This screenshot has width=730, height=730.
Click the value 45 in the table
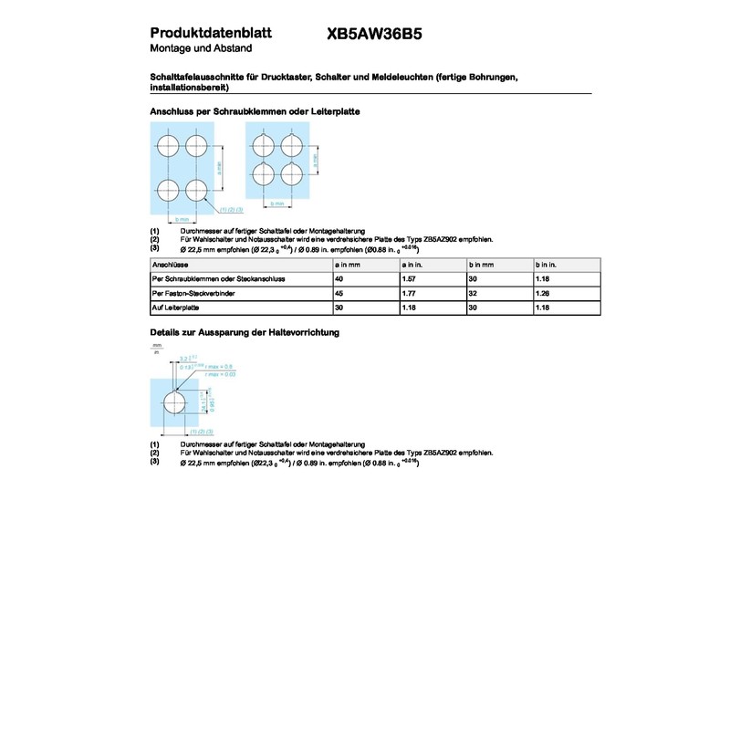click(x=339, y=293)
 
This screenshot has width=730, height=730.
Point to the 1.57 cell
click(x=409, y=277)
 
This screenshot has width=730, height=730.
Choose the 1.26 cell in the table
click(x=542, y=293)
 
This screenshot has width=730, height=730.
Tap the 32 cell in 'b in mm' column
click(x=473, y=293)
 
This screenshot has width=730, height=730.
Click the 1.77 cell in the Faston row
click(x=409, y=293)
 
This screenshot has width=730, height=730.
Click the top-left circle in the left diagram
click(x=168, y=146)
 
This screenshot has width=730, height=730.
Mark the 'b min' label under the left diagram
click(x=182, y=220)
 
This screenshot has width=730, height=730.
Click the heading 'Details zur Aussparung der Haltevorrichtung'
click(x=244, y=333)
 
